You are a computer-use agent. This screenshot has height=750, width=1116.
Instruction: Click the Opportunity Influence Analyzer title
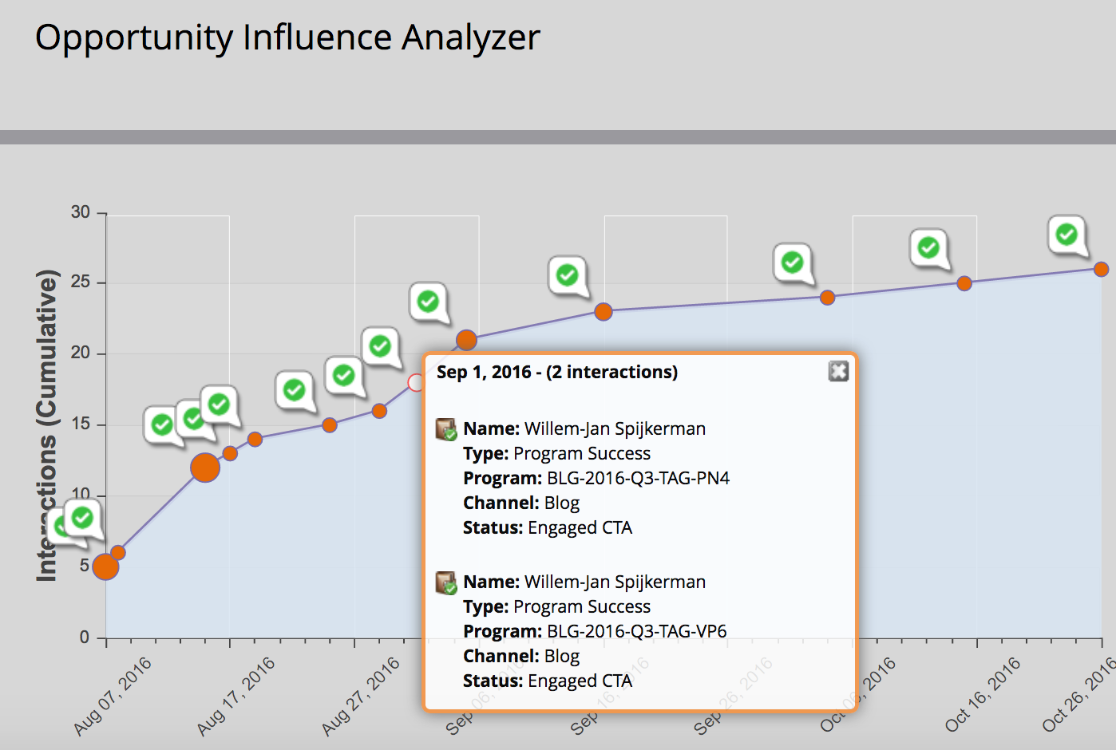pyautogui.click(x=287, y=38)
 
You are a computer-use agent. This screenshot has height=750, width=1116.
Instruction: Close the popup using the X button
pyautogui.click(x=838, y=371)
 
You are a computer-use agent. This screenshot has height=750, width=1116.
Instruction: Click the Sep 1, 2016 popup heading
pyautogui.click(x=556, y=373)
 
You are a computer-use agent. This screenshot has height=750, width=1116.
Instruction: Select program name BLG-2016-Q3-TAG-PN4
pyautogui.click(x=638, y=478)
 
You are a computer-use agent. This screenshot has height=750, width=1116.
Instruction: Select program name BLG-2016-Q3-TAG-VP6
pyautogui.click(x=636, y=631)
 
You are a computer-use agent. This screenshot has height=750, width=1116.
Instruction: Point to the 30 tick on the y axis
pyautogui.click(x=81, y=212)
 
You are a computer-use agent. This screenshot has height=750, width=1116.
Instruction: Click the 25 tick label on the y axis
pyautogui.click(x=81, y=282)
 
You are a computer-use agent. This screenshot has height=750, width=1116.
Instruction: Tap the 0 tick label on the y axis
pyautogui.click(x=85, y=637)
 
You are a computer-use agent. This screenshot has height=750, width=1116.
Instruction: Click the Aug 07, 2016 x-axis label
pyautogui.click(x=113, y=696)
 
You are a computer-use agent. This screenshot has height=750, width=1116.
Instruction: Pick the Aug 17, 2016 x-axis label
pyautogui.click(x=236, y=696)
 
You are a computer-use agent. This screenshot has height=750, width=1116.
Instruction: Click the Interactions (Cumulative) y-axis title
pyautogui.click(x=47, y=425)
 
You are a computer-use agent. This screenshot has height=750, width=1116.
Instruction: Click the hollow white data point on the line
pyautogui.click(x=416, y=383)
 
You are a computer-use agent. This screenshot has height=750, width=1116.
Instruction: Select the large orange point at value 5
pyautogui.click(x=105, y=567)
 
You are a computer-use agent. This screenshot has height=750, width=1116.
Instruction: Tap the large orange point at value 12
pyautogui.click(x=205, y=468)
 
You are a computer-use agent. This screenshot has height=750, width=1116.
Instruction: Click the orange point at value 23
pyautogui.click(x=604, y=312)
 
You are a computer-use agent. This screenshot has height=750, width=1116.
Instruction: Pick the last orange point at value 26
pyautogui.click(x=1101, y=270)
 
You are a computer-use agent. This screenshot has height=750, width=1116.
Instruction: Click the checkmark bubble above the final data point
pyautogui.click(x=1067, y=235)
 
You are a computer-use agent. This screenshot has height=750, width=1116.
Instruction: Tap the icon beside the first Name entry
pyautogui.click(x=446, y=429)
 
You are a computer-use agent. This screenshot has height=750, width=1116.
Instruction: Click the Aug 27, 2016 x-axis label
pyautogui.click(x=361, y=696)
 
